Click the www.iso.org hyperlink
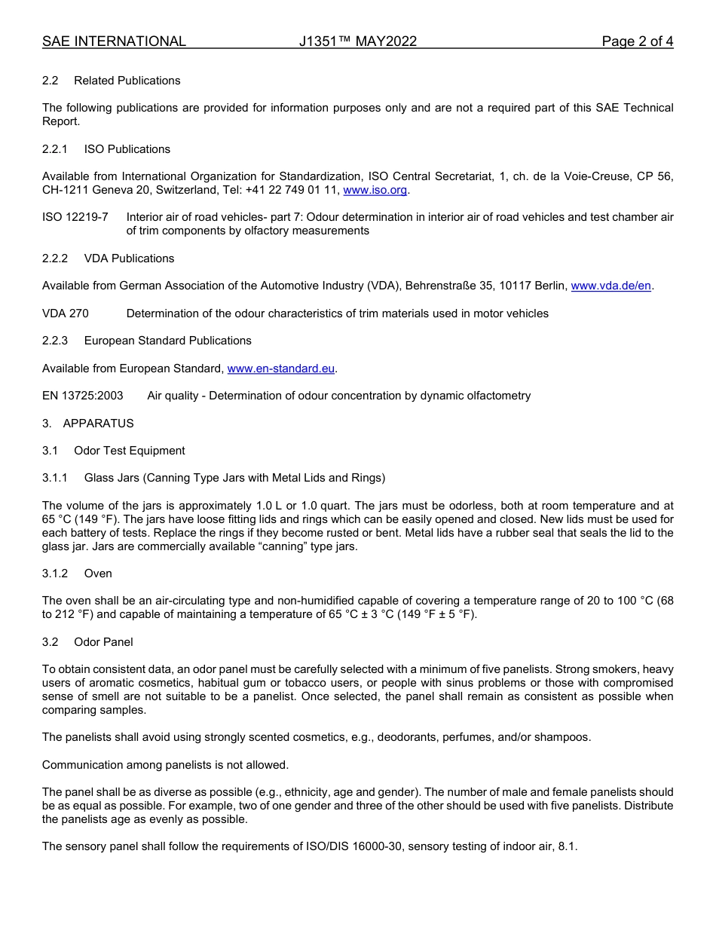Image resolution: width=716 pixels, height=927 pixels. click(375, 190)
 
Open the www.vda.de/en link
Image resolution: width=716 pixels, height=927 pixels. click(610, 286)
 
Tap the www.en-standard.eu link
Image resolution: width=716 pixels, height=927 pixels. click(280, 369)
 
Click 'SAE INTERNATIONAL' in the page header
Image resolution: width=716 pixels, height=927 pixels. click(114, 41)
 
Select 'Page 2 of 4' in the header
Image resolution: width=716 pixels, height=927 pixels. click(637, 41)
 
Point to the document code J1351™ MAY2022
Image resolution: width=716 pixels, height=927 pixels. click(357, 41)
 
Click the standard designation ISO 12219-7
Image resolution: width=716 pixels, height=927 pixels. click(75, 217)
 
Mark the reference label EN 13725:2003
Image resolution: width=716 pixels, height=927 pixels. click(83, 396)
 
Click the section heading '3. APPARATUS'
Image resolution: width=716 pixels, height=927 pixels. click(87, 424)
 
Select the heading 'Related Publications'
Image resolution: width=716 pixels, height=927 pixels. click(127, 81)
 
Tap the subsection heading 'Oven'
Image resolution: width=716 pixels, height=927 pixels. click(98, 574)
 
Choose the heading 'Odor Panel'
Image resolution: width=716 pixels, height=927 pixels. click(103, 642)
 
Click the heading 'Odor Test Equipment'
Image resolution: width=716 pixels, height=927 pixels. click(129, 451)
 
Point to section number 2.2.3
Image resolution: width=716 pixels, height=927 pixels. click(55, 341)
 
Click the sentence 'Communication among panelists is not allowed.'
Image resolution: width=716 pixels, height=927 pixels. click(165, 765)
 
